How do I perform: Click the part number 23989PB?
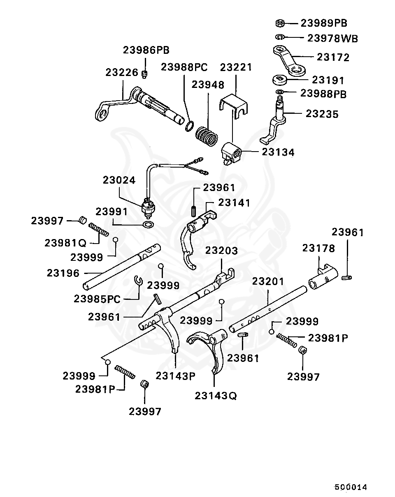pyautogui.click(x=324, y=23)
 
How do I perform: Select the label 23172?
pyautogui.click(x=333, y=57)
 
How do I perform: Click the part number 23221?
pyautogui.click(x=236, y=67)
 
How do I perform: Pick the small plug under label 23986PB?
pyautogui.click(x=145, y=74)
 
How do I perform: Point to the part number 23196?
pyautogui.click(x=63, y=273)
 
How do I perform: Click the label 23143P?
pyautogui.click(x=175, y=375)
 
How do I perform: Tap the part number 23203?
pyautogui.click(x=222, y=251)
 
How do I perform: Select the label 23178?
pyautogui.click(x=319, y=248)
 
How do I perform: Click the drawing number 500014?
pyautogui.click(x=350, y=487)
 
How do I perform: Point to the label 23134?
pyautogui.click(x=278, y=152)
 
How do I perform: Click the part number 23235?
pyautogui.click(x=322, y=114)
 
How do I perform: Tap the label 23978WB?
pyautogui.click(x=332, y=39)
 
